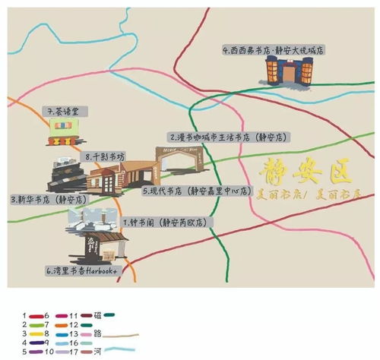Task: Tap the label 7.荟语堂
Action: point(68,111)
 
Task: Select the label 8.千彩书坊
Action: point(105,156)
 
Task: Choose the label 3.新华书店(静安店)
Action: point(49,199)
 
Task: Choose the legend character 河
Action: point(97,351)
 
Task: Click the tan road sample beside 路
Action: point(123,334)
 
